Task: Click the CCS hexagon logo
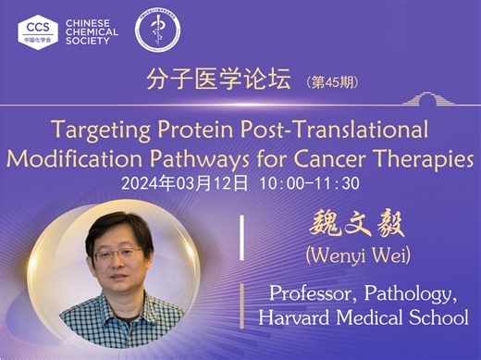(38, 29)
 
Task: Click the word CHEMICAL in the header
(92, 29)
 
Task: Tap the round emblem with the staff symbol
(157, 30)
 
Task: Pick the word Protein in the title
(187, 130)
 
